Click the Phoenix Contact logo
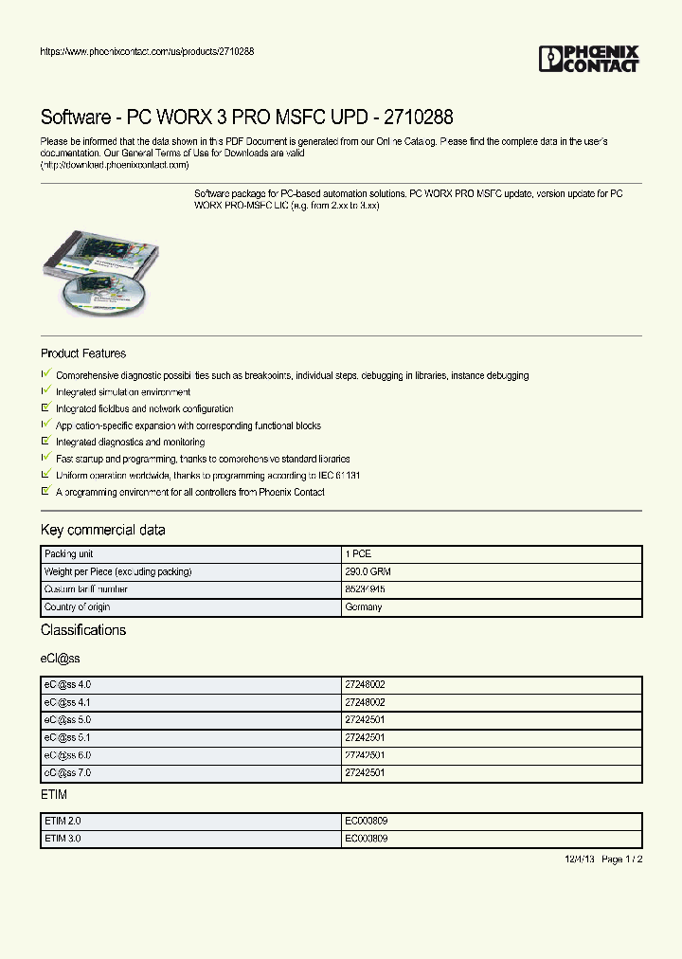click(x=588, y=59)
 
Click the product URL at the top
click(x=147, y=51)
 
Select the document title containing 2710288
click(x=246, y=118)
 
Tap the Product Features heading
click(x=83, y=353)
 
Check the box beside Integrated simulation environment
click(x=45, y=391)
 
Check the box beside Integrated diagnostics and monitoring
click(x=45, y=442)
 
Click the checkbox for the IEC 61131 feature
click(x=45, y=475)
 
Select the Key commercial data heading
click(x=102, y=530)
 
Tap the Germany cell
click(x=364, y=606)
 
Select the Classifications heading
click(x=83, y=630)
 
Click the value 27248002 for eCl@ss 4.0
click(x=366, y=684)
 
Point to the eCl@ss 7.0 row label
click(x=67, y=772)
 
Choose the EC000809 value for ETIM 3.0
click(x=367, y=839)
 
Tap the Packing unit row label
click(x=68, y=554)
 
